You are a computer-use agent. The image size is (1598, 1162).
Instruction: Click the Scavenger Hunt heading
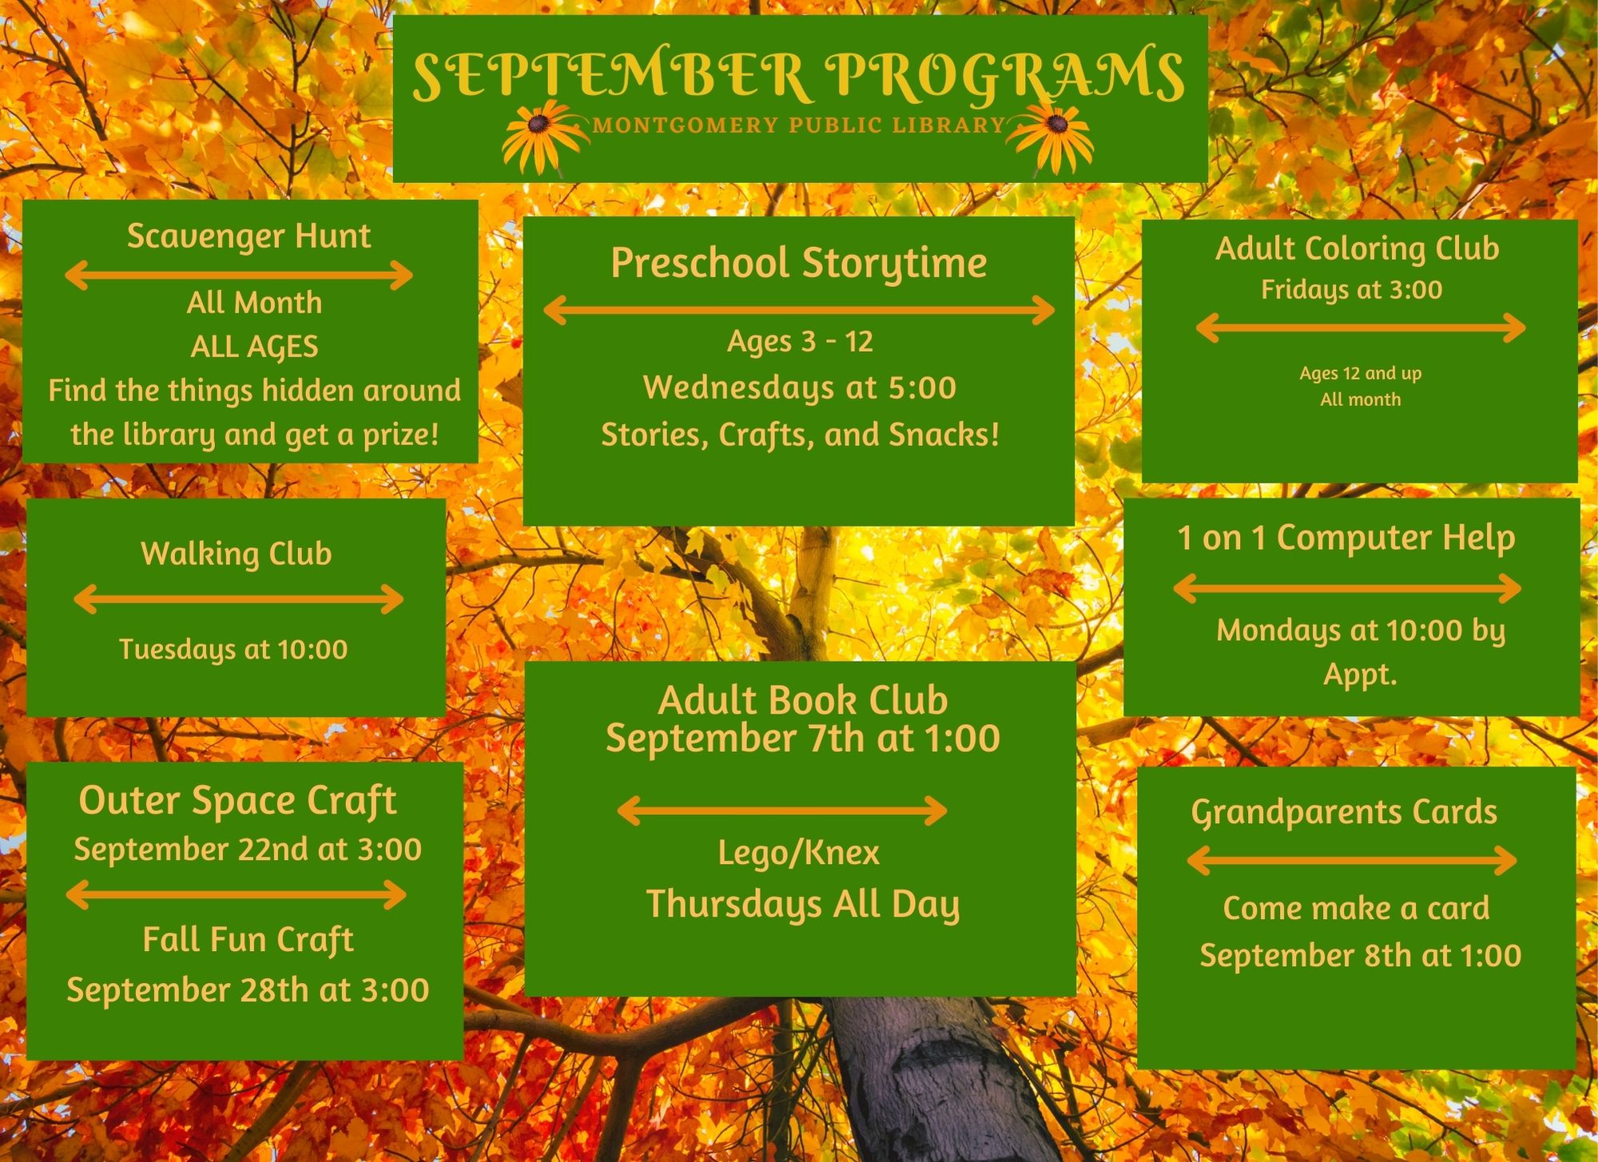point(249,237)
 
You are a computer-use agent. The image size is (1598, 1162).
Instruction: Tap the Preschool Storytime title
point(799,264)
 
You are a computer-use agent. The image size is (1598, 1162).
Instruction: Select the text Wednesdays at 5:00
point(800,388)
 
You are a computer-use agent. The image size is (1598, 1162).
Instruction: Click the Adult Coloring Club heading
point(1357,249)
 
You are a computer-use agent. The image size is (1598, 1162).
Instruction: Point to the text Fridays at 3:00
point(1352,289)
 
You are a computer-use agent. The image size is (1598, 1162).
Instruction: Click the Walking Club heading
point(236,553)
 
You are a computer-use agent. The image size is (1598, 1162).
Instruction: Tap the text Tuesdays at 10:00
point(233,650)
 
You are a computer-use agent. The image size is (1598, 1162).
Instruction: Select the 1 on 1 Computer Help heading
point(1346,538)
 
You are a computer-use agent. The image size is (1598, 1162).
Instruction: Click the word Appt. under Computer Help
point(1360,674)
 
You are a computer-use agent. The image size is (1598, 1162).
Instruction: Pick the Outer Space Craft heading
point(237,801)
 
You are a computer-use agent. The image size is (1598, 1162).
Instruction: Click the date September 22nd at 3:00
point(248,849)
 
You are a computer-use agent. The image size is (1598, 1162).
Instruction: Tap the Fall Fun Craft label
point(248,939)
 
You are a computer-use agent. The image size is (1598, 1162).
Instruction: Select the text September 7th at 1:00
point(802,738)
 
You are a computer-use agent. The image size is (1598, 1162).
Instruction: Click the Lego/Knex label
point(799,852)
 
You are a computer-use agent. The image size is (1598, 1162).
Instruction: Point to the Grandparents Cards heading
point(1344,813)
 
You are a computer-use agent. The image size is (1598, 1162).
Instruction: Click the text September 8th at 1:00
point(1360,956)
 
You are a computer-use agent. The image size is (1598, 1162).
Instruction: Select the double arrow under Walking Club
point(238,599)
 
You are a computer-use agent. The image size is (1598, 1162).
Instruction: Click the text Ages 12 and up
point(1360,373)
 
